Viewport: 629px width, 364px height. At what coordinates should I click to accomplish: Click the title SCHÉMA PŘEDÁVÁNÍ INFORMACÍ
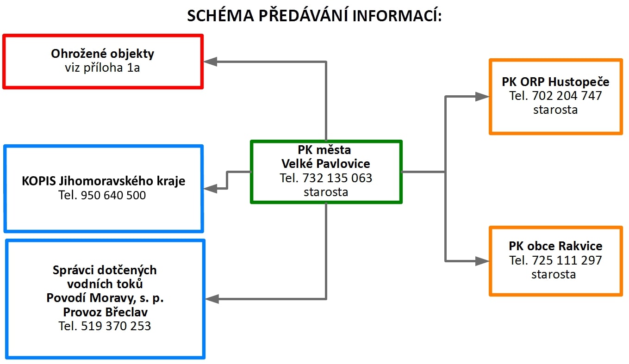315,15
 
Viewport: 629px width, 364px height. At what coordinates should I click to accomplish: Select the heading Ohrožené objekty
102,54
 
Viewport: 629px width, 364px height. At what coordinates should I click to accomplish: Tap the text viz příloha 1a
102,68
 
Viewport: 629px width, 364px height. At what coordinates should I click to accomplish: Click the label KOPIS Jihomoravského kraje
104,181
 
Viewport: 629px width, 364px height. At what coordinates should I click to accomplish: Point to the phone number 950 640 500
113,195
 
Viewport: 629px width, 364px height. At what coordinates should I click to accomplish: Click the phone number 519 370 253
116,326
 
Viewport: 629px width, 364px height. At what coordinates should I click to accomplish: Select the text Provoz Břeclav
106,312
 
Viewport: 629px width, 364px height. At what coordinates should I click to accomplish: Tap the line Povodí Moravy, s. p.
105,298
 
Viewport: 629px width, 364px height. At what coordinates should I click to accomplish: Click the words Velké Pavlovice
326,164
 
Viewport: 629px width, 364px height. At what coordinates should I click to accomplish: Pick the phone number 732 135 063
337,178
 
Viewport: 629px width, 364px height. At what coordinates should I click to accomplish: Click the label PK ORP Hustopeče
555,82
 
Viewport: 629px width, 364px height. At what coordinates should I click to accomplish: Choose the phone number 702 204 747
567,96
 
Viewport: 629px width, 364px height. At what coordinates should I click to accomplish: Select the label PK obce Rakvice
555,246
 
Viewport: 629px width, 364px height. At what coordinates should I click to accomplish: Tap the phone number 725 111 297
567,260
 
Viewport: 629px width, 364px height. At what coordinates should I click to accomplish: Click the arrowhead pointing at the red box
210,62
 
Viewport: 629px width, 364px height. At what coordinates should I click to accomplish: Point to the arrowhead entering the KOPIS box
210,189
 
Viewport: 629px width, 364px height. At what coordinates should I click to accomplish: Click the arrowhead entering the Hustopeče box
482,97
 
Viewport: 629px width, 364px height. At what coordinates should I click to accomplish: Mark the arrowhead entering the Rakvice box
482,261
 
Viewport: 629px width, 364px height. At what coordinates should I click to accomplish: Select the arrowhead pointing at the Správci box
212,299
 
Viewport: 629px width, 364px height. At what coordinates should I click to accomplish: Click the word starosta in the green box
326,192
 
